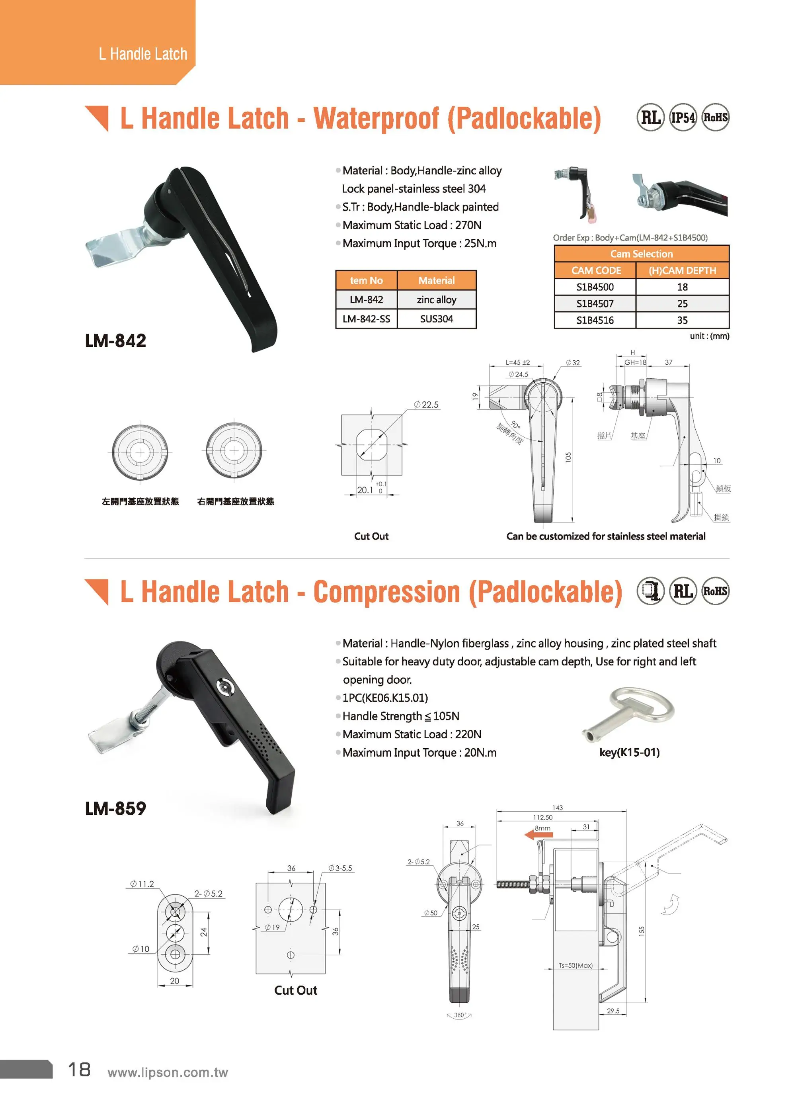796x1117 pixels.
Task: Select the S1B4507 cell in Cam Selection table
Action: point(595,303)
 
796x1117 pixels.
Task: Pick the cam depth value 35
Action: point(682,320)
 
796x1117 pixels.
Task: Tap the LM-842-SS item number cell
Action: point(366,319)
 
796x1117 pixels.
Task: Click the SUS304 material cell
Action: point(436,319)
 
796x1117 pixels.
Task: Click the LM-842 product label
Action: point(116,340)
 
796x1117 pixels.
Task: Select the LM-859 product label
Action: point(116,808)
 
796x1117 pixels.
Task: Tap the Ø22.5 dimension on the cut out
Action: point(426,405)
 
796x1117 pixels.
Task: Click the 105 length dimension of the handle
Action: point(568,457)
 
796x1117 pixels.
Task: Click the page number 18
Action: point(79,1070)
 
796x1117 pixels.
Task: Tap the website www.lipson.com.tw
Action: point(168,1072)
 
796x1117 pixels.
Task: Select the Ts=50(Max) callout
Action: point(576,966)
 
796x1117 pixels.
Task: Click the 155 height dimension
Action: point(641,931)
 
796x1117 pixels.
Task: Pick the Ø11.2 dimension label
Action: point(142,884)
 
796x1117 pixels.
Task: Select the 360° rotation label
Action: point(459,1015)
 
